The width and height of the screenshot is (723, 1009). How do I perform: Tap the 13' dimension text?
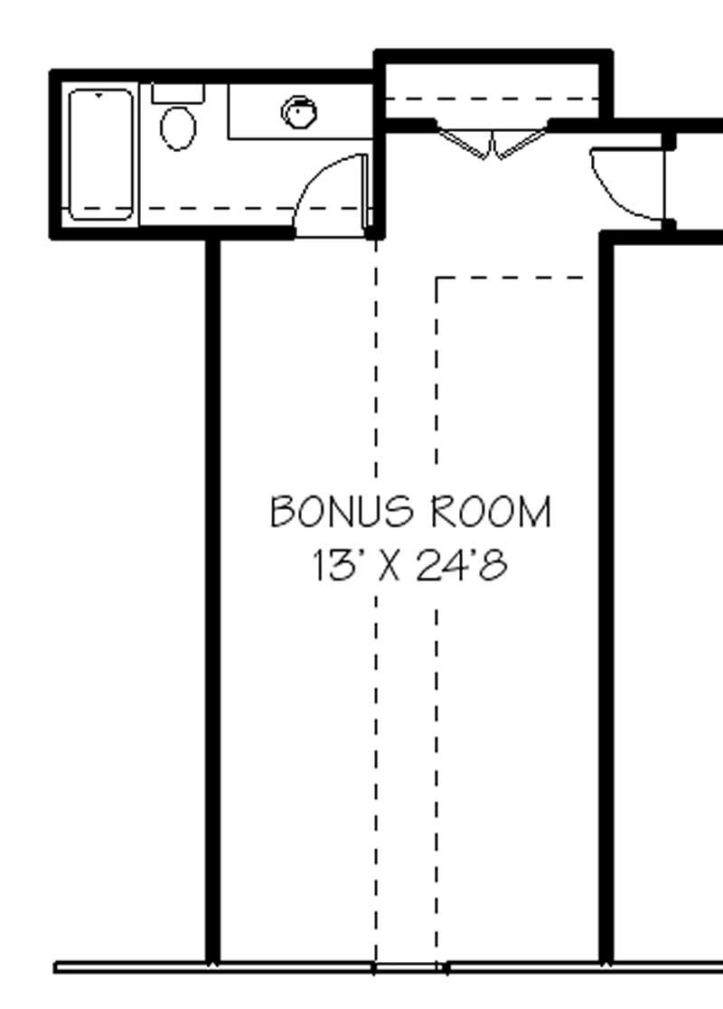pos(335,567)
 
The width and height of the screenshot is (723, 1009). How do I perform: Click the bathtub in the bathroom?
pos(101,155)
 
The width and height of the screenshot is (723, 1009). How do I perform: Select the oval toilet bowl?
pos(178,127)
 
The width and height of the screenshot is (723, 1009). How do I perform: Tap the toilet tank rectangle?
pos(178,92)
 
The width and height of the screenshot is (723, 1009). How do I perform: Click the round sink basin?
pos(299,113)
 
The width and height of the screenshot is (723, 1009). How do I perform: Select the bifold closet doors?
pos(493,144)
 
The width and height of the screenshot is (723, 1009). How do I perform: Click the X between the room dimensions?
pos(389,567)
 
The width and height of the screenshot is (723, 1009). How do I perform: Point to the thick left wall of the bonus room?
pos(212,597)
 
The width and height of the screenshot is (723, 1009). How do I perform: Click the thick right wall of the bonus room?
pos(607,597)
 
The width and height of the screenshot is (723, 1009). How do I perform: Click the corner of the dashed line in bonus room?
pos(438,278)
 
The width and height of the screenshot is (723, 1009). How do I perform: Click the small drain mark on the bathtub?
pos(99,93)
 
